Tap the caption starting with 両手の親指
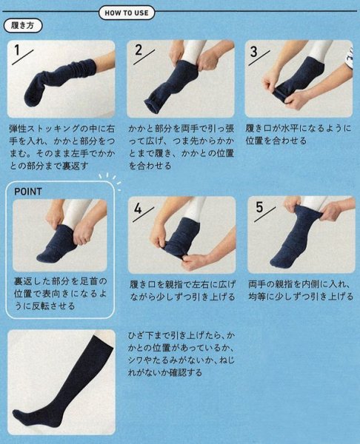tap(299, 289)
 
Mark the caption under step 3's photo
tap(299, 134)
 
